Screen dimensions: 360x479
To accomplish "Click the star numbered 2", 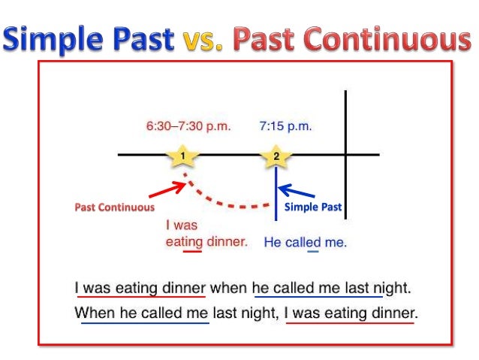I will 276,156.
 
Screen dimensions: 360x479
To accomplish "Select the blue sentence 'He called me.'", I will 306,243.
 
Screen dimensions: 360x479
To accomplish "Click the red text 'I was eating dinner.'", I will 206,234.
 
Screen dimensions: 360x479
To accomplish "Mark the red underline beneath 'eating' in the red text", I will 191,251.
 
